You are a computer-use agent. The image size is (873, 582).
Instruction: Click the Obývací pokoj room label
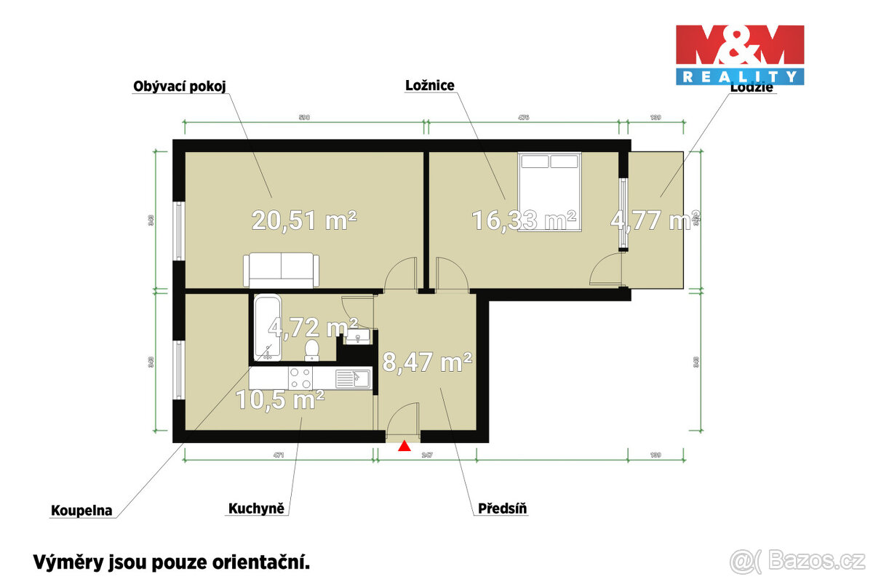coord(180,87)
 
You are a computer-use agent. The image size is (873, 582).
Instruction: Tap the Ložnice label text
coord(430,86)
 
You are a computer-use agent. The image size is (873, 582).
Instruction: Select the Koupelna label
coord(81,511)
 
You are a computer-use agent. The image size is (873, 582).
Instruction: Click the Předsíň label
coord(503,509)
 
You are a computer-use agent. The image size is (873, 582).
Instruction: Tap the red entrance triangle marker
coord(404,446)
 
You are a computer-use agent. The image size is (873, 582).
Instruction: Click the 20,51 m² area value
coord(304,219)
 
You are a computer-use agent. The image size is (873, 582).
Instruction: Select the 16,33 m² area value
coord(524,219)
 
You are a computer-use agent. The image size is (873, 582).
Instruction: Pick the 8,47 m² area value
coord(428,362)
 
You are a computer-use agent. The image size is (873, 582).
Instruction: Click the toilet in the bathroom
coord(312,350)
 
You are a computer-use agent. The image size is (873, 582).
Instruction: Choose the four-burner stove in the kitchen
coord(300,378)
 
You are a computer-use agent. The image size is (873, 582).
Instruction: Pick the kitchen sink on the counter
coord(354,378)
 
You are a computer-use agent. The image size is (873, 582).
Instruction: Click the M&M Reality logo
coord(740,55)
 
